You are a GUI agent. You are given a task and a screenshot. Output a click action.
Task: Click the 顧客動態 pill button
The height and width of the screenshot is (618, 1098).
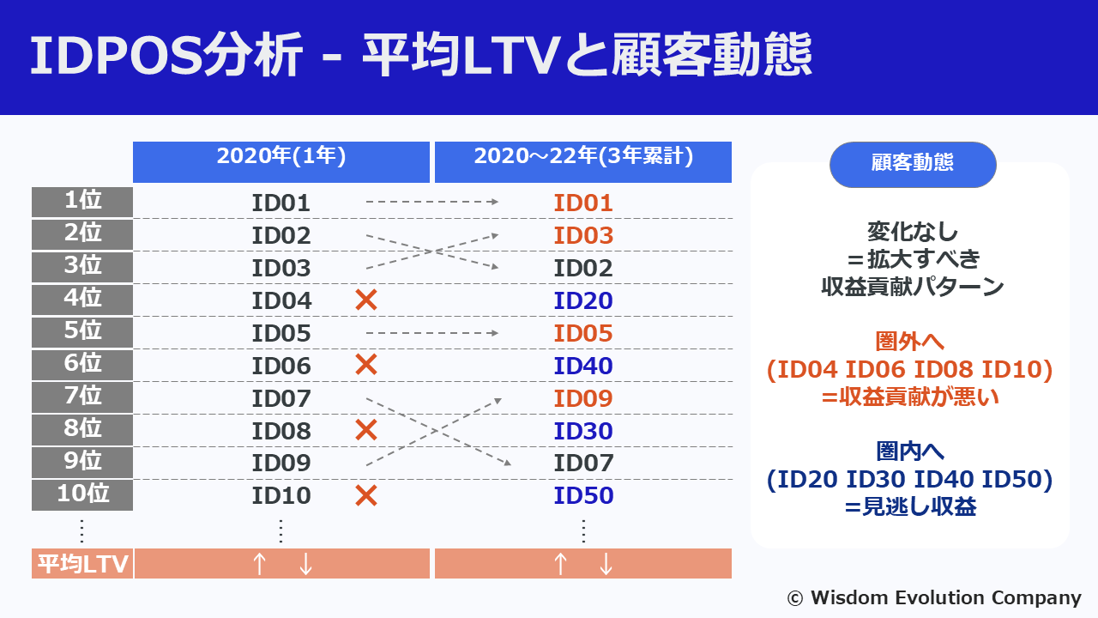pyautogui.click(x=912, y=164)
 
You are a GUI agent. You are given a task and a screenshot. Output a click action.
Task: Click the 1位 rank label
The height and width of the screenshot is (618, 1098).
pyautogui.click(x=82, y=202)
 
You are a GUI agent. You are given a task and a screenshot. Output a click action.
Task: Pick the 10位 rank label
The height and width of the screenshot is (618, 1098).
pyautogui.click(x=82, y=494)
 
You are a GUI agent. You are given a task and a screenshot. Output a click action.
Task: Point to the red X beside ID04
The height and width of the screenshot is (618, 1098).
pyautogui.click(x=366, y=300)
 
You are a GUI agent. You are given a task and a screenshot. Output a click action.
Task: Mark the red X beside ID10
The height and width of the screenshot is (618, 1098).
pyautogui.click(x=366, y=495)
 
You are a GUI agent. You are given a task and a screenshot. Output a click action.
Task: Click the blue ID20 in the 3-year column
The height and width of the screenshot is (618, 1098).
pyautogui.click(x=583, y=300)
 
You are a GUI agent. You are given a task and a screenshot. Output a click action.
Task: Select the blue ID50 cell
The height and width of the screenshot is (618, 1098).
pyautogui.click(x=583, y=495)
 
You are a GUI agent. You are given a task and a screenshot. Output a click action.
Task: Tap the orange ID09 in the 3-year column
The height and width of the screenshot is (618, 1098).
pyautogui.click(x=583, y=398)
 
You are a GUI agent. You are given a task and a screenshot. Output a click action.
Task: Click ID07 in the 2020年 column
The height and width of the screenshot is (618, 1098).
pyautogui.click(x=281, y=398)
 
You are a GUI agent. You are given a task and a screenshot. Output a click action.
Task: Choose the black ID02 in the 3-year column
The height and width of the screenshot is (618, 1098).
pyautogui.click(x=583, y=268)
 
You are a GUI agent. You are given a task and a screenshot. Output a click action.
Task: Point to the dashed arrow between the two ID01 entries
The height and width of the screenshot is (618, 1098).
pyautogui.click(x=432, y=203)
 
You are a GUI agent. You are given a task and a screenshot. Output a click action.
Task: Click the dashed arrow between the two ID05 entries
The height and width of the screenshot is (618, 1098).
pyautogui.click(x=432, y=333)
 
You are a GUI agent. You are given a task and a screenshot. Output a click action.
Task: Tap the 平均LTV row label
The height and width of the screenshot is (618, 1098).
pyautogui.click(x=82, y=564)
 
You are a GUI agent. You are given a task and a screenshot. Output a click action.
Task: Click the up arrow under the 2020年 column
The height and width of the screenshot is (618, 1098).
pyautogui.click(x=259, y=564)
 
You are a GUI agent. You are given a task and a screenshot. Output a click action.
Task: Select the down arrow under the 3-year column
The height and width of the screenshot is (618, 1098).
pyautogui.click(x=606, y=564)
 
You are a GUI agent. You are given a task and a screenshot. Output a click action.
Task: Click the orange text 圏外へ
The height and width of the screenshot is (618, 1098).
pyautogui.click(x=909, y=342)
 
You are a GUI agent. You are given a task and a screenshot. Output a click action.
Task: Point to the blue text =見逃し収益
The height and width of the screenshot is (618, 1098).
pyautogui.click(x=909, y=507)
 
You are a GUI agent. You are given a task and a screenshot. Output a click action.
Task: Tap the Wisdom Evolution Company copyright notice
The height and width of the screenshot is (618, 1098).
pyautogui.click(x=934, y=597)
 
